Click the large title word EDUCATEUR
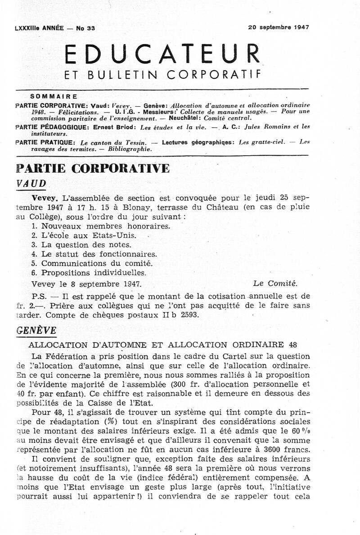point(162,55)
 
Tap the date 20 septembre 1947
point(278,27)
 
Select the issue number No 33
point(82,28)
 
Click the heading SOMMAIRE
point(54,96)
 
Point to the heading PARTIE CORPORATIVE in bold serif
point(93,168)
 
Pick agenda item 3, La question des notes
point(81,245)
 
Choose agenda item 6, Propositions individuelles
point(89,273)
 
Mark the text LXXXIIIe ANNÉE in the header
point(37,28)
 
